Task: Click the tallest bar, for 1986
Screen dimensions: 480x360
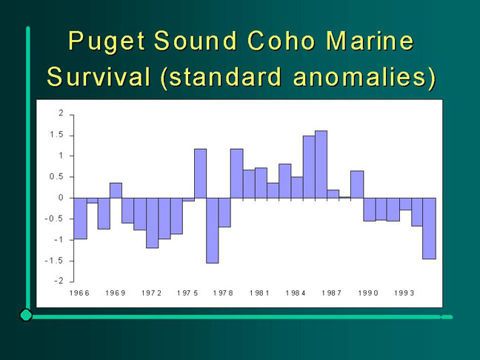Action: click(x=321, y=164)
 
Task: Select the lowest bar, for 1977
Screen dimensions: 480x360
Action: click(x=213, y=230)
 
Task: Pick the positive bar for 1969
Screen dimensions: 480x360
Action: click(x=116, y=190)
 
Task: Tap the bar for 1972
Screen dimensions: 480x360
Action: click(x=153, y=223)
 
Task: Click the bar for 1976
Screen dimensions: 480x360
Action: click(x=201, y=173)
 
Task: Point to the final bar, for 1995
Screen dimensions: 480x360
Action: click(x=429, y=228)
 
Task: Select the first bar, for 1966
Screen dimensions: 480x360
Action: click(x=81, y=219)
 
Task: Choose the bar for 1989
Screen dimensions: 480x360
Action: click(x=357, y=184)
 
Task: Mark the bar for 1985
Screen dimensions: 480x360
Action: click(x=309, y=167)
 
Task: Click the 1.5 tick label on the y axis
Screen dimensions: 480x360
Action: click(x=56, y=135)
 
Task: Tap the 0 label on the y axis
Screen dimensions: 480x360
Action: click(x=61, y=198)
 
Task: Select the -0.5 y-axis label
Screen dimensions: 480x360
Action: click(x=54, y=219)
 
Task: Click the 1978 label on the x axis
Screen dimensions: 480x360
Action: click(x=223, y=293)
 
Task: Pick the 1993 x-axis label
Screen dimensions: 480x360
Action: click(x=404, y=293)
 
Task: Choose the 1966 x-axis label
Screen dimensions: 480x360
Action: click(x=79, y=293)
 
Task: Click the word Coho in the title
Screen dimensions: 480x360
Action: click(x=281, y=41)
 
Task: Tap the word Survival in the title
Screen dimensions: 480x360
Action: click(x=99, y=76)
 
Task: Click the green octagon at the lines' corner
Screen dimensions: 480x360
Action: click(x=26, y=315)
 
